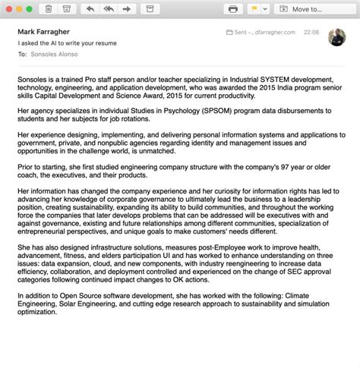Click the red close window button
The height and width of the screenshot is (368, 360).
(8, 8)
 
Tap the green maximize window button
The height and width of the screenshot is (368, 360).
(29, 8)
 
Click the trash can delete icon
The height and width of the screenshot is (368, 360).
(49, 9)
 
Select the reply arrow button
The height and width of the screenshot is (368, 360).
(90, 9)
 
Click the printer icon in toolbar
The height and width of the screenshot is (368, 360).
(233, 9)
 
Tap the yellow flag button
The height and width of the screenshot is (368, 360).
(254, 9)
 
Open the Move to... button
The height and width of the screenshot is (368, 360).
(314, 9)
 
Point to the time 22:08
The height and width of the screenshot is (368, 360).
(310, 33)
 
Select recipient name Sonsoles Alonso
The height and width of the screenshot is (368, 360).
(55, 55)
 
